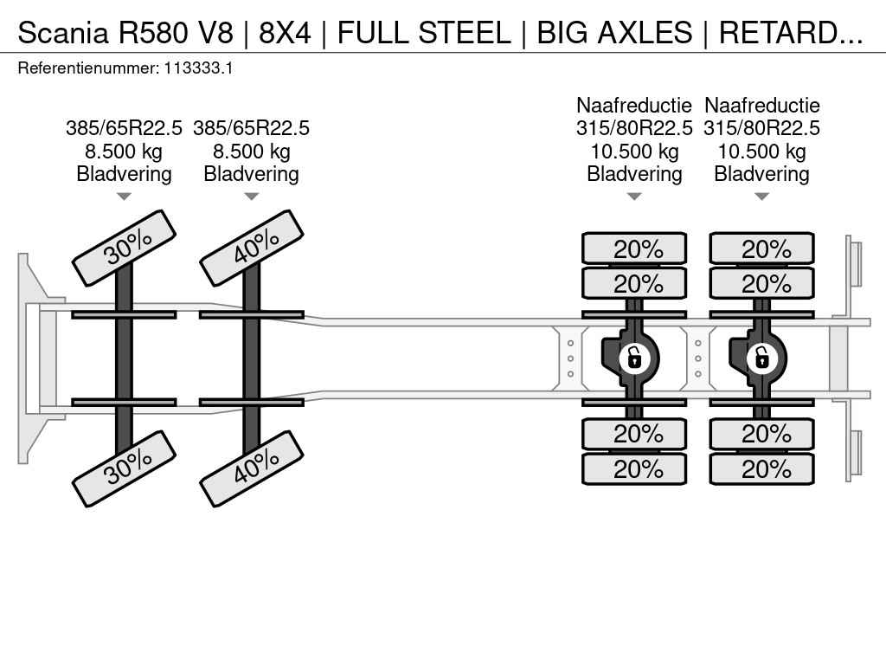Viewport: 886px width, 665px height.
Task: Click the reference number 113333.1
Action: tap(198, 68)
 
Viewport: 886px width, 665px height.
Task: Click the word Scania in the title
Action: tap(62, 33)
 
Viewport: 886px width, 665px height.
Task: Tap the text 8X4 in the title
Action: tap(285, 33)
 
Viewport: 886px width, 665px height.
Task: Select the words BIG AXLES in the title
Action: tap(614, 33)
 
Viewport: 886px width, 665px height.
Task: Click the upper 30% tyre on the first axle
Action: tap(125, 249)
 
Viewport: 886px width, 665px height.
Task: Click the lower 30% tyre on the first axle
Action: tap(125, 468)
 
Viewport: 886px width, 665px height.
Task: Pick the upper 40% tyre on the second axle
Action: tap(252, 249)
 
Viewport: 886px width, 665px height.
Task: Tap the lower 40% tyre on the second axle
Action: tap(252, 468)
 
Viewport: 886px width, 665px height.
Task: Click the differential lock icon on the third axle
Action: tap(634, 358)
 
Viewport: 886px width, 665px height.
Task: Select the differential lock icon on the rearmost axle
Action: tap(761, 358)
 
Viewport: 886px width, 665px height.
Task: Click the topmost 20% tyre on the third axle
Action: tap(634, 249)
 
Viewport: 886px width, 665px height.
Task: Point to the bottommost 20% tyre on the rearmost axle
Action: tap(761, 468)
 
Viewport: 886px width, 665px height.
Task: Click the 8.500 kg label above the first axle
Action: tap(124, 152)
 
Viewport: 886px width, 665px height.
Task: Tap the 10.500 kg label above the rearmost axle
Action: tap(761, 152)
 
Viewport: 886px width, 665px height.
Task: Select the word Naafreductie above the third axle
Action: tap(634, 105)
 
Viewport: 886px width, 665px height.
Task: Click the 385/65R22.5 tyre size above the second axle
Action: tap(252, 128)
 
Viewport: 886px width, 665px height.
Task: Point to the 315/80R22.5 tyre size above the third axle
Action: tap(634, 128)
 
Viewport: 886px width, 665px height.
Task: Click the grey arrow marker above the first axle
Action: tap(124, 197)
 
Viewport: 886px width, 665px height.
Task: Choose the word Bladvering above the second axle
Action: tap(252, 174)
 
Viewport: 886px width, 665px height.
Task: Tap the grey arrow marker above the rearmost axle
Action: tap(761, 197)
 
